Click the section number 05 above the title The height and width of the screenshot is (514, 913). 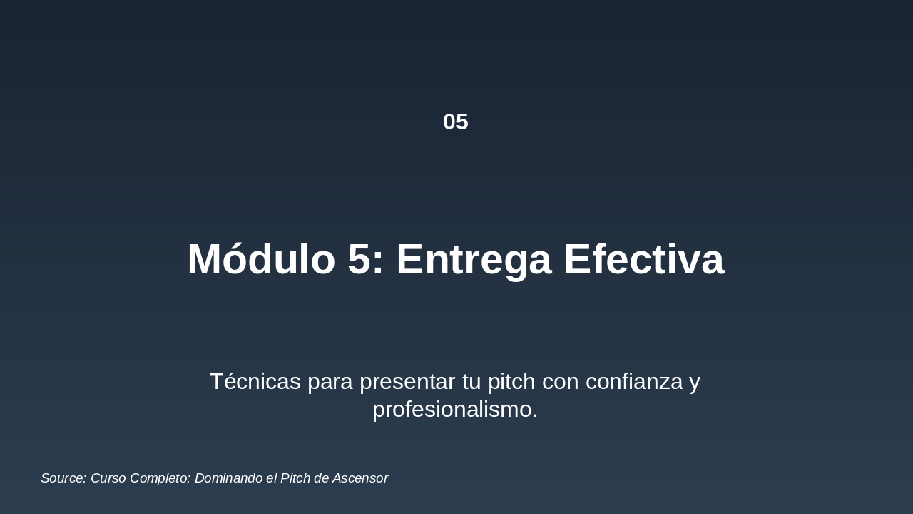click(455, 122)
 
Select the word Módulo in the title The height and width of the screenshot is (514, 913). click(261, 259)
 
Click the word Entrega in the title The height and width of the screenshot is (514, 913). click(474, 259)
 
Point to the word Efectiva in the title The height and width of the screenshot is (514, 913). click(644, 259)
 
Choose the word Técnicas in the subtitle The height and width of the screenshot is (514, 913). click(255, 382)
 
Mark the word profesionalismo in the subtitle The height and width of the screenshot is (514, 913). click(454, 410)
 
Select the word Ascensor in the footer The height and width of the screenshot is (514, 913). click(360, 478)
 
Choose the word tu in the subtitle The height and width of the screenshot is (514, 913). click(472, 382)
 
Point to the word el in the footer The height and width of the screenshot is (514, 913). click(271, 478)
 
